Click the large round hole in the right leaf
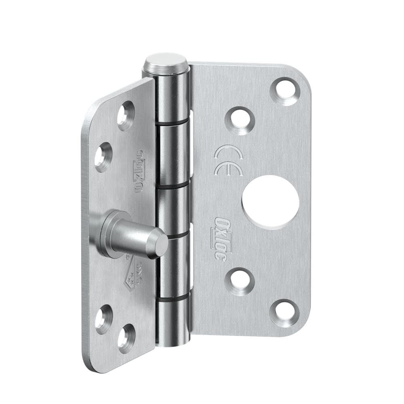tap(271, 201)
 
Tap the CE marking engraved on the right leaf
tap(228, 160)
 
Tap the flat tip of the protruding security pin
tap(161, 245)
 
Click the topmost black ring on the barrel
tap(173, 121)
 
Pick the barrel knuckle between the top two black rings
tap(173, 154)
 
